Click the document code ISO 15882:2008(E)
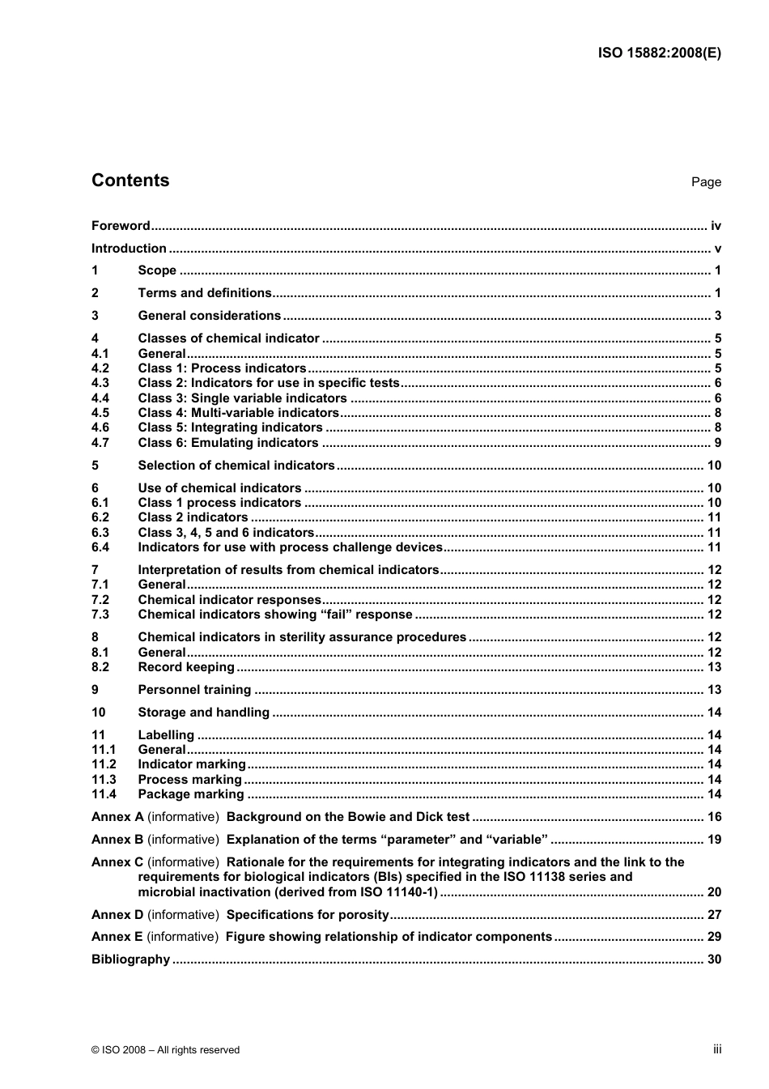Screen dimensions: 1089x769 (659, 53)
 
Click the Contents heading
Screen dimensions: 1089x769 (130, 181)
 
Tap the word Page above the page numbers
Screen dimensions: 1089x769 (706, 182)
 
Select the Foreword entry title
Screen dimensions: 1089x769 (121, 226)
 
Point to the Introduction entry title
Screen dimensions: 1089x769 (129, 249)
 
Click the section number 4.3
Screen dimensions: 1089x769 (100, 383)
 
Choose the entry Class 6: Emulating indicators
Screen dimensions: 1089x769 (228, 443)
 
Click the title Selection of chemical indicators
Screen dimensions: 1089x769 (236, 466)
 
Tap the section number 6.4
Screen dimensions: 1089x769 (100, 547)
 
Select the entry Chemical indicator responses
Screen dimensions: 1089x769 (230, 600)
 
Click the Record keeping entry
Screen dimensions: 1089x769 (186, 667)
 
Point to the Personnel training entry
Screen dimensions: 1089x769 (194, 690)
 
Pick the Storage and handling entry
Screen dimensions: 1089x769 (203, 713)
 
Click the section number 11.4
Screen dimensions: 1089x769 (104, 794)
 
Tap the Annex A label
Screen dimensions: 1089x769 (117, 817)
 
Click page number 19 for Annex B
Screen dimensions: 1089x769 (714, 840)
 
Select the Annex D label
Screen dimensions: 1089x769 (117, 915)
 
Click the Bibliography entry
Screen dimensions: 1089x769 (130, 959)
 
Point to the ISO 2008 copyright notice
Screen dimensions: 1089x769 (166, 1050)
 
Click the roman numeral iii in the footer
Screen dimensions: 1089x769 (717, 1049)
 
